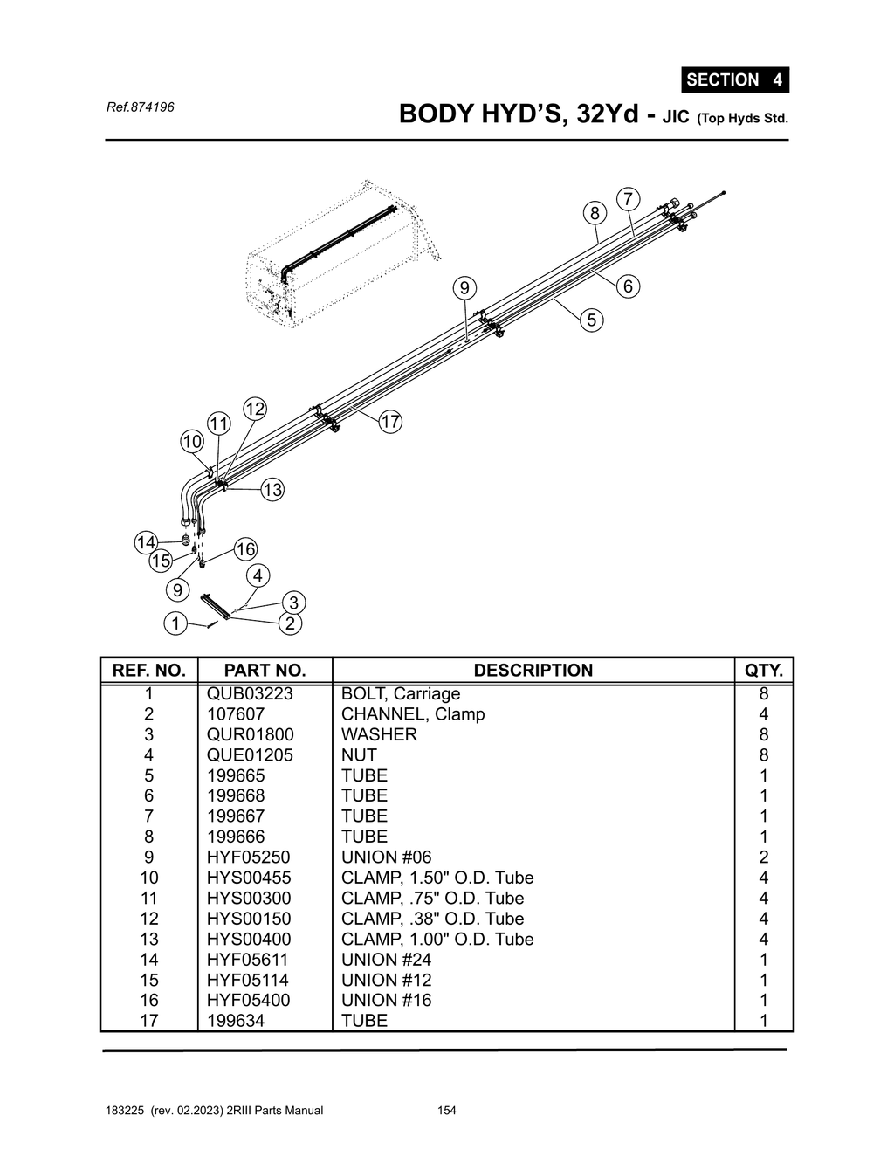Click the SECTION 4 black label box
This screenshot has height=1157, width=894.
[734, 79]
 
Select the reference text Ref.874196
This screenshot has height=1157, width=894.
[140, 107]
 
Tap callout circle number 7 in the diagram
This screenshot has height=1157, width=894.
[627, 199]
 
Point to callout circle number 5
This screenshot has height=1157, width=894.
[591, 320]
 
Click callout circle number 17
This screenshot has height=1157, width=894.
[389, 422]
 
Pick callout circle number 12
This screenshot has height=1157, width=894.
[254, 409]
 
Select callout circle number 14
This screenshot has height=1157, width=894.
[146, 542]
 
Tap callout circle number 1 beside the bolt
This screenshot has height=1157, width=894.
[175, 623]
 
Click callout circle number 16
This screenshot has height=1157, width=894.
[245, 549]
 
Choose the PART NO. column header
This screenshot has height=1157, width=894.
[265, 671]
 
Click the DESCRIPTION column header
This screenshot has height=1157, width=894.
[533, 671]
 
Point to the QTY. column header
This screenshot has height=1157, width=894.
[763, 671]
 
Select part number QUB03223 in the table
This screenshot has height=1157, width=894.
[250, 694]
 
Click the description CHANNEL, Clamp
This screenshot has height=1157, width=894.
[412, 714]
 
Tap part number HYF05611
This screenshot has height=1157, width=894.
[248, 960]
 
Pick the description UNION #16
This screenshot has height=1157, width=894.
[386, 1001]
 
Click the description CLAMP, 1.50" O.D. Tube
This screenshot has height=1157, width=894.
[437, 878]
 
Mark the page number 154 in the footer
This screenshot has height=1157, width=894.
[447, 1111]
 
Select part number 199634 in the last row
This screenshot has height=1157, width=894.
[236, 1021]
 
